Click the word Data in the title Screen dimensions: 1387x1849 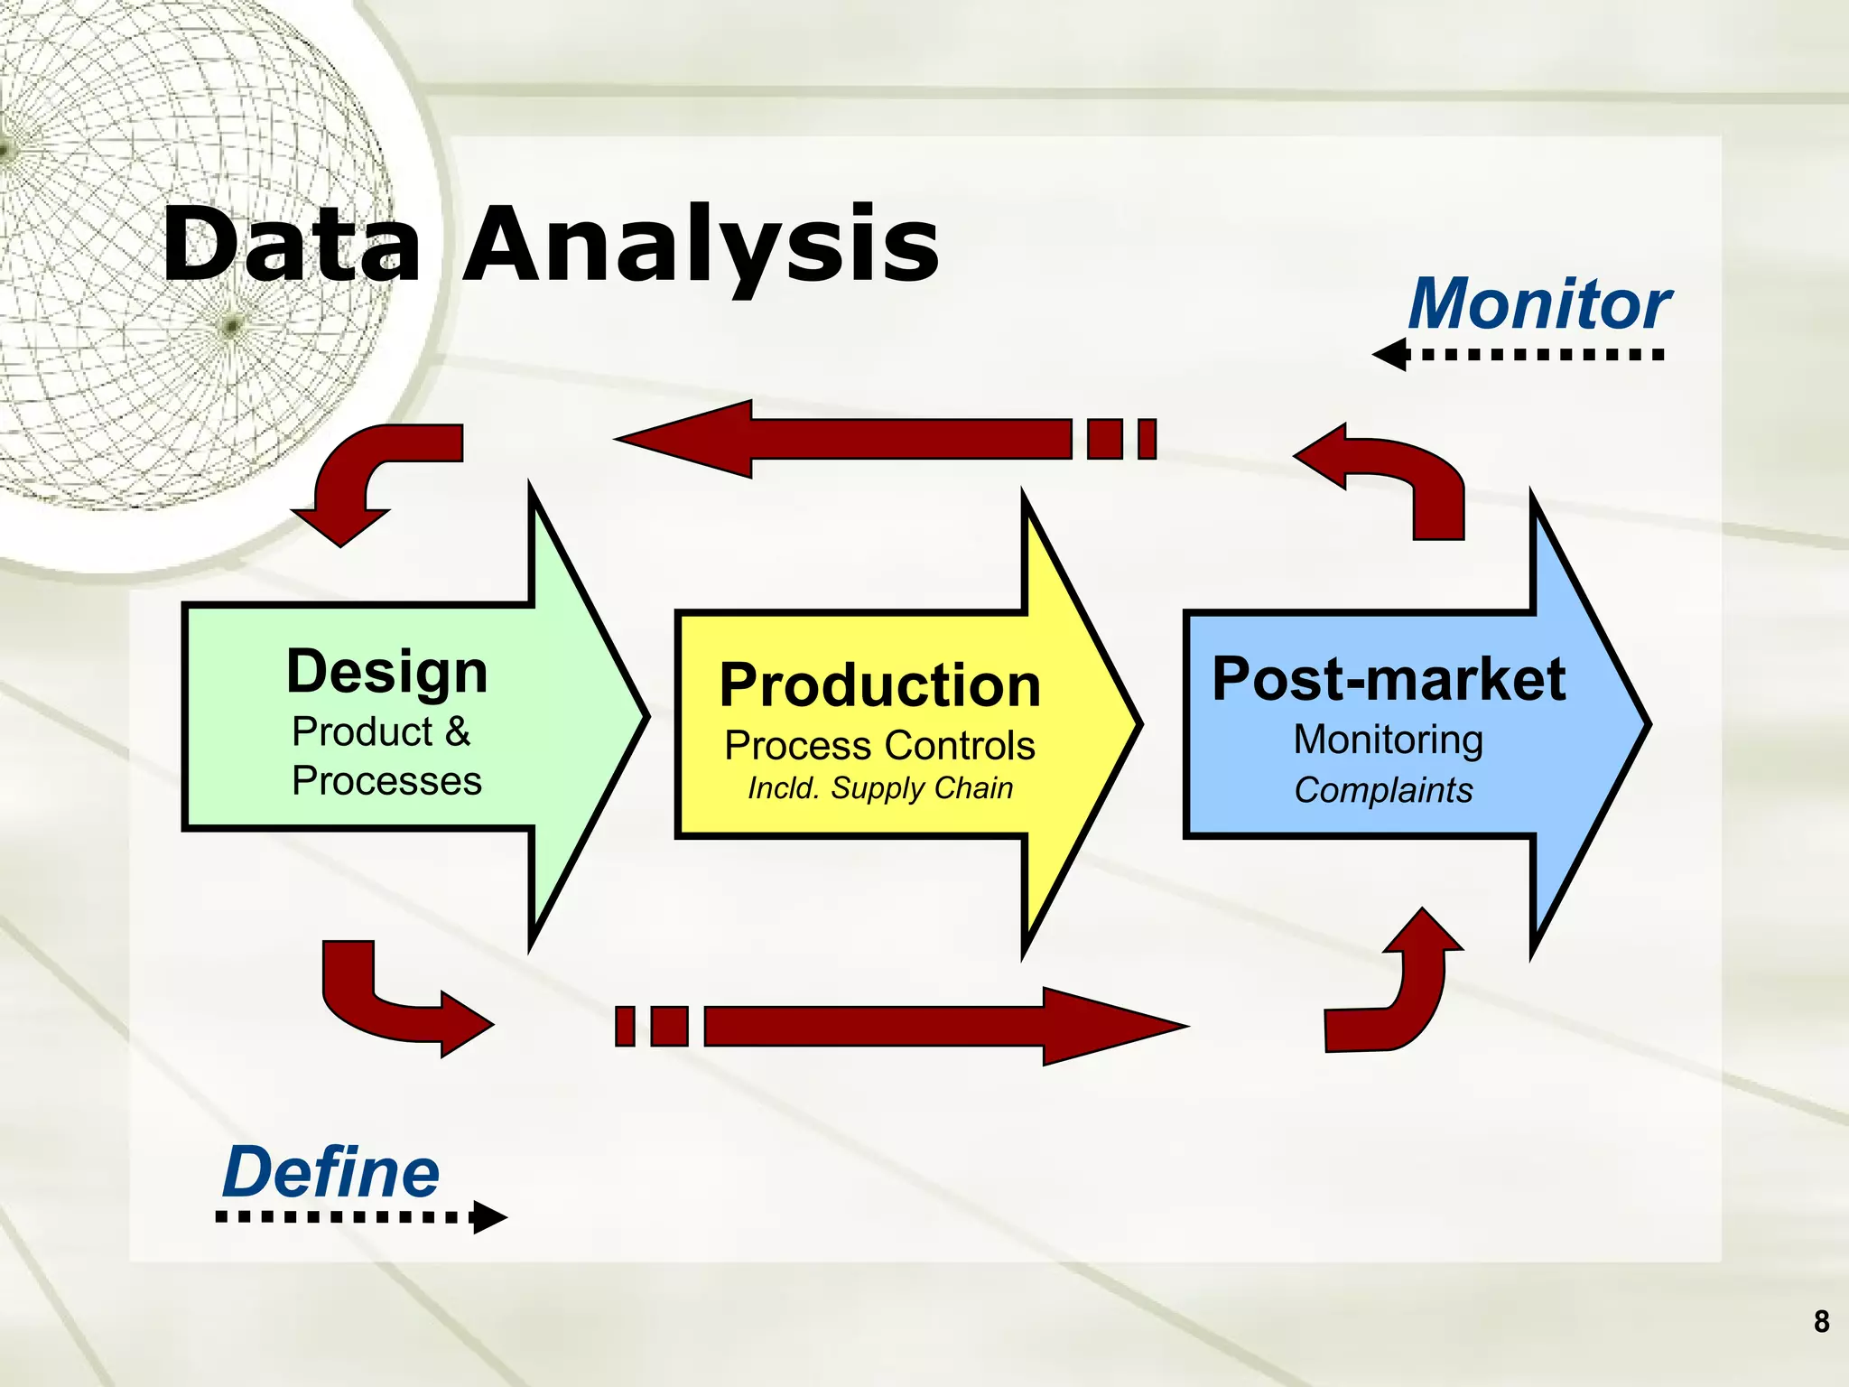pos(291,244)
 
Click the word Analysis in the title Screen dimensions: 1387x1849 pos(701,244)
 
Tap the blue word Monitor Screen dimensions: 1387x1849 pos(1539,304)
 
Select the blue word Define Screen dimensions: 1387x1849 pos(330,1172)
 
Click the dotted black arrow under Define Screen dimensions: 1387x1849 pos(361,1217)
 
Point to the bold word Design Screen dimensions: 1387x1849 pos(387,673)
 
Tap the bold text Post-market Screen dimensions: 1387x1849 pos(1388,679)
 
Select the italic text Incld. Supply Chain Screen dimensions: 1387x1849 pos(879,788)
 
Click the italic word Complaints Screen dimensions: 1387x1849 pos(1383,790)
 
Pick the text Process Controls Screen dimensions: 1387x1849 pos(879,746)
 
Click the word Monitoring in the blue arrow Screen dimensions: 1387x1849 pos(1388,740)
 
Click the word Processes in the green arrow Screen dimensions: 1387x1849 pos(386,781)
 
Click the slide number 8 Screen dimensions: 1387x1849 pos(1821,1322)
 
